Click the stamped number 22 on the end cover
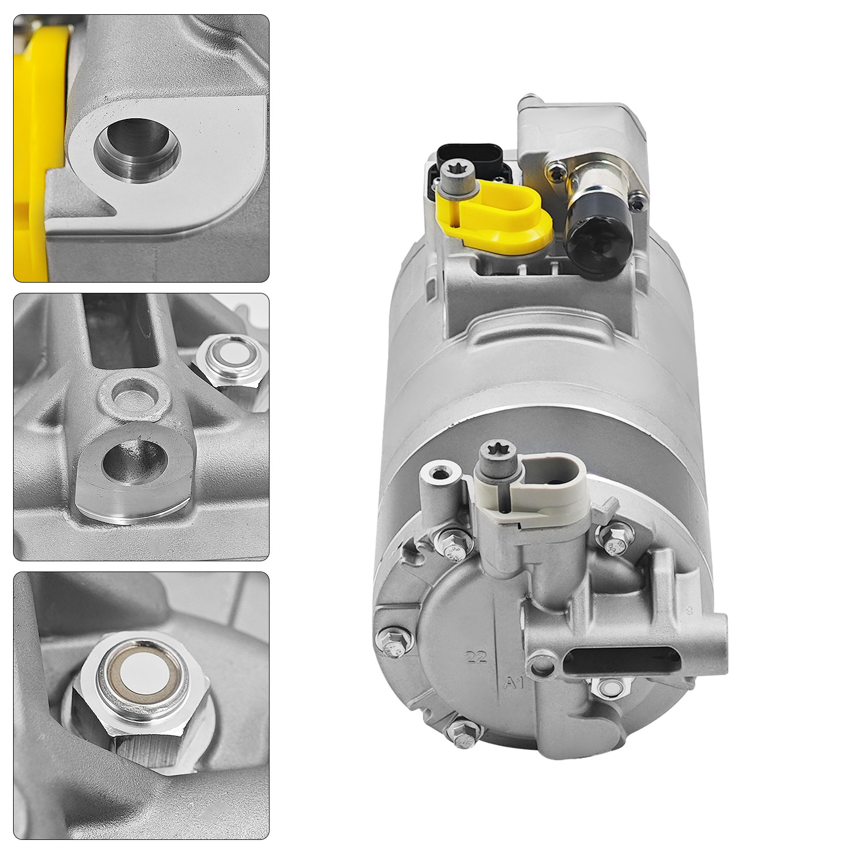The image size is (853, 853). click(x=477, y=658)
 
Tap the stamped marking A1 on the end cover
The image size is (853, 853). click(x=515, y=682)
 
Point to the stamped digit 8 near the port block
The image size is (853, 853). click(x=689, y=612)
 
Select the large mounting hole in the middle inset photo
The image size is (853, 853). click(x=135, y=460)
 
